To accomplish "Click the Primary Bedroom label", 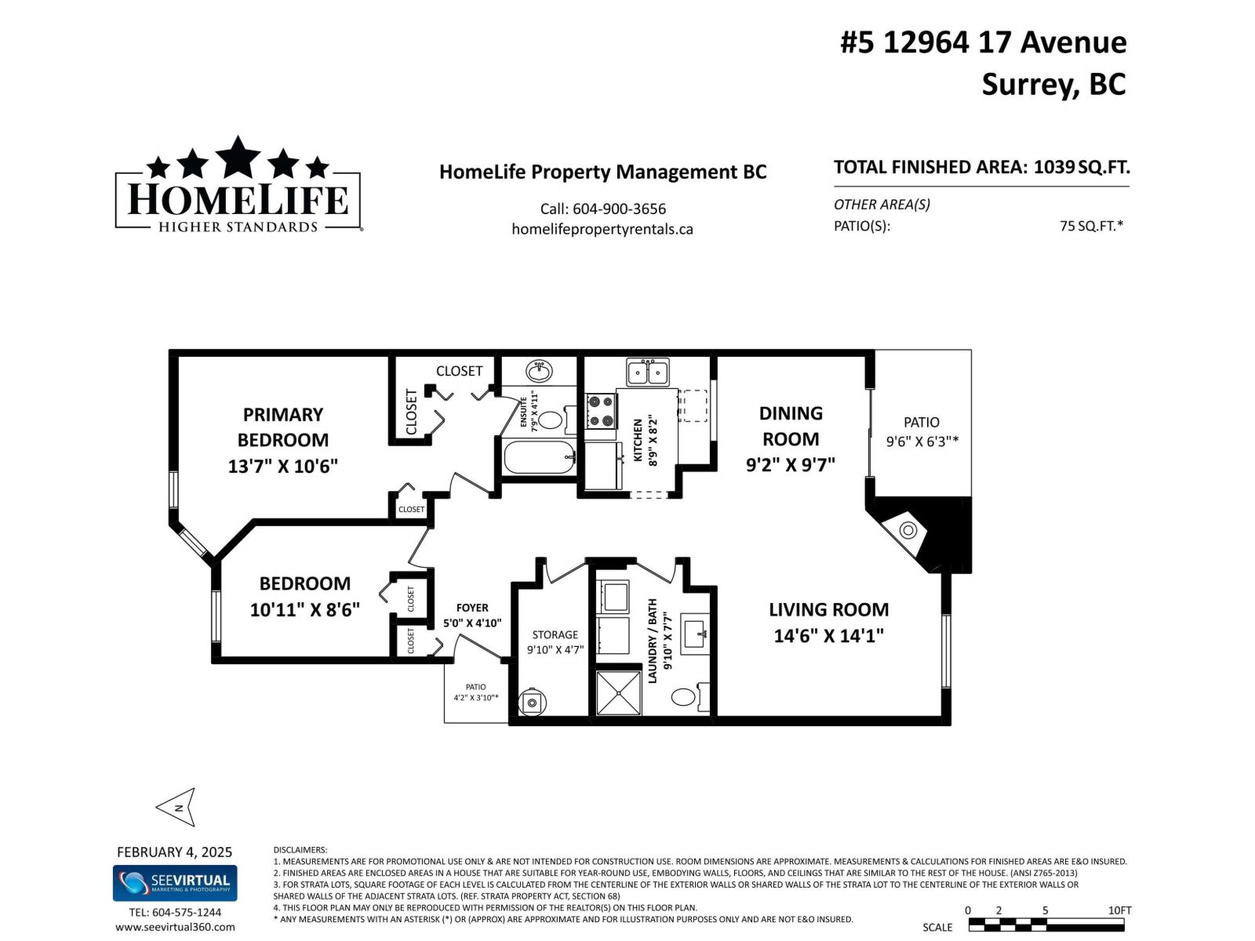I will click(282, 427).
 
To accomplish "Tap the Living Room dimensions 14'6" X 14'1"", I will click(828, 636).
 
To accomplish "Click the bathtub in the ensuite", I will click(539, 457).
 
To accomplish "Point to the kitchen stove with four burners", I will click(601, 411).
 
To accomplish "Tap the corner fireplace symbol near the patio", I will click(908, 530).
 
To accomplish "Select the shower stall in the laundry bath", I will click(618, 692).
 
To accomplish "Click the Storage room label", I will click(555, 634).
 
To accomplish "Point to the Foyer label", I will click(472, 608).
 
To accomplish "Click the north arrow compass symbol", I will click(176, 807).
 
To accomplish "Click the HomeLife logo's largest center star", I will click(238, 157).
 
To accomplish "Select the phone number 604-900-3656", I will click(619, 209).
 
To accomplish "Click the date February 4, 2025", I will click(174, 852).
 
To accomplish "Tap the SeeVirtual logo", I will click(175, 883).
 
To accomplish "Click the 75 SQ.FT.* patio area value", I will click(1090, 226).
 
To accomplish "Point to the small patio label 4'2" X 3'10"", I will click(475, 697).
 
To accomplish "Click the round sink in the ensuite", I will click(539, 370).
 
